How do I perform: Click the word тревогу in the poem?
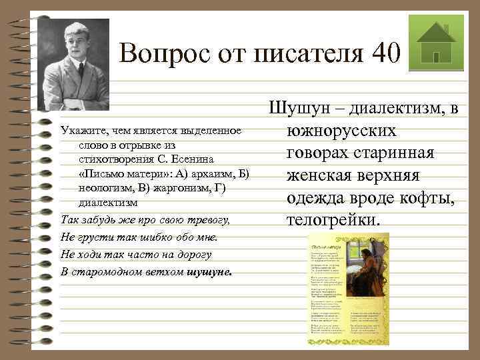coord(207,220)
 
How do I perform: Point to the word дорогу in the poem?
coord(194,255)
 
